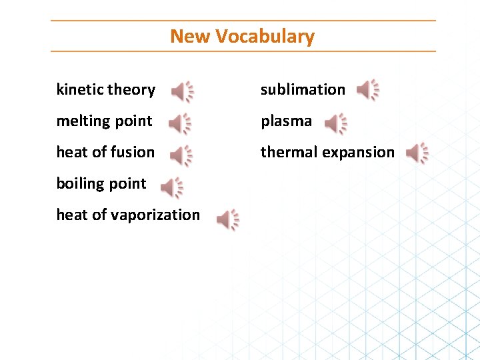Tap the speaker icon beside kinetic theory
tap(182, 91)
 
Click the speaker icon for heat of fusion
tap(180, 155)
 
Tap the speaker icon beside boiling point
tap(171, 188)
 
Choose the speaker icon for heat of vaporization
tap(227, 219)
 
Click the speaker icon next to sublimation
tap(367, 89)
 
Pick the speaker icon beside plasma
tap(335, 123)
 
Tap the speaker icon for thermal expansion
tap(417, 153)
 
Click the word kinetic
tap(79, 89)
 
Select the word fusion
tap(133, 152)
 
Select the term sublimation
tap(303, 89)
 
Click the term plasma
tap(286, 121)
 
